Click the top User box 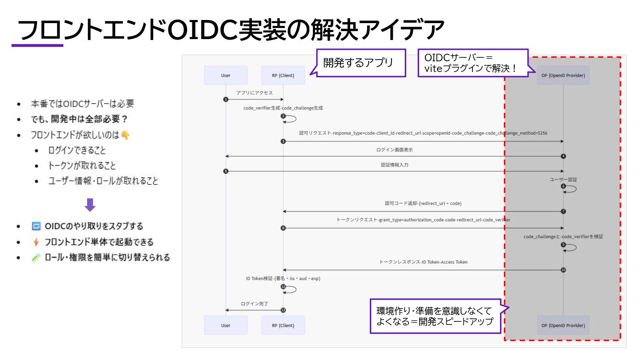[226, 75]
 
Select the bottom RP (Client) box [283, 325]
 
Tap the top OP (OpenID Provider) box [563, 75]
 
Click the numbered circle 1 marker [226, 99]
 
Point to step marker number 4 [563, 156]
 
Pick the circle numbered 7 [563, 211]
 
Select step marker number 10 [563, 270]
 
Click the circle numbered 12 [283, 310]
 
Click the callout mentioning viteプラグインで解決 [473, 63]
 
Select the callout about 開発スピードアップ [435, 316]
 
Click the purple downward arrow [90, 204]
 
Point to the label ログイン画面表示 [394, 150]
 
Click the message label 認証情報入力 [394, 165]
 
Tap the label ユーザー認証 [563, 180]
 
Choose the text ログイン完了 [255, 304]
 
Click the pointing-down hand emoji [126, 135]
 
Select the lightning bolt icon [36, 242]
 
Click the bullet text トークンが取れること [82, 166]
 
